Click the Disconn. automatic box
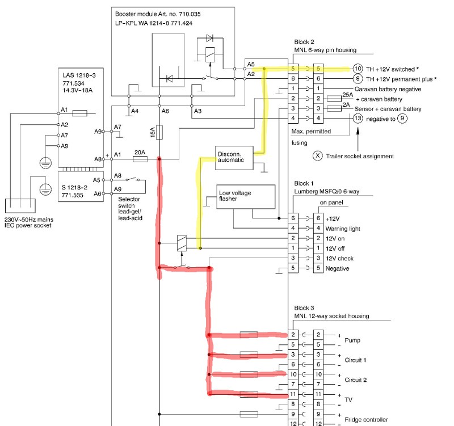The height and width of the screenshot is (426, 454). tap(230, 157)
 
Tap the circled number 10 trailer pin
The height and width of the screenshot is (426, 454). tap(358, 68)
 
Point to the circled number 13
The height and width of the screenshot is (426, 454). tap(358, 119)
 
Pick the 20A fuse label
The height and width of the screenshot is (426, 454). tap(139, 153)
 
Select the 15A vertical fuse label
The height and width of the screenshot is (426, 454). tap(152, 133)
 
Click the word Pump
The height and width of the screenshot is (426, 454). tap(352, 341)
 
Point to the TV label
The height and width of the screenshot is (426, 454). tap(348, 399)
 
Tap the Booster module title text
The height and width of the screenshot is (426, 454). tap(154, 13)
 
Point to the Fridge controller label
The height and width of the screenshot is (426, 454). tap(366, 420)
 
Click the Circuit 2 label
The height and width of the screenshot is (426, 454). tap(356, 379)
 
